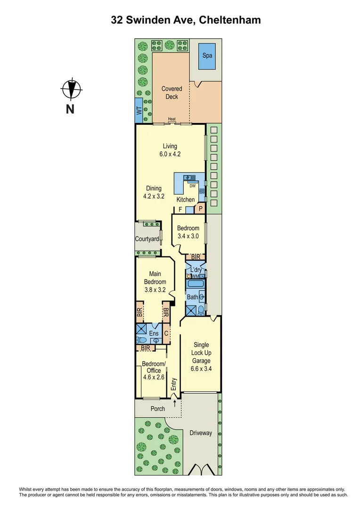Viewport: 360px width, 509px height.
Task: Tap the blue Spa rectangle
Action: coord(207,56)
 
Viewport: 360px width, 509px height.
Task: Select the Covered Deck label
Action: coord(172,92)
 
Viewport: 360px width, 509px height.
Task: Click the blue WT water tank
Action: coord(139,111)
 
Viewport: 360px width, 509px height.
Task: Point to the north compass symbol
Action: coord(71,89)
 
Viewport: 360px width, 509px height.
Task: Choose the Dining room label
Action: coord(153,189)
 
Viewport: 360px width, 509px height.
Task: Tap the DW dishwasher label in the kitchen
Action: coord(192,186)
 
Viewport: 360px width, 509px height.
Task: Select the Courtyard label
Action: coord(147,239)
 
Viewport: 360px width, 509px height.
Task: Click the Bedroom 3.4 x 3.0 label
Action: coord(188,232)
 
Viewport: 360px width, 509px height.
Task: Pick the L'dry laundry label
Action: coord(196,270)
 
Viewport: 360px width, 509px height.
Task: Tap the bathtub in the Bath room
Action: coord(194,284)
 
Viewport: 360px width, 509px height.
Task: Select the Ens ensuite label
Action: coord(154,334)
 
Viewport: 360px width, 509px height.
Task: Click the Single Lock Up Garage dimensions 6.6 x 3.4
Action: coord(200,369)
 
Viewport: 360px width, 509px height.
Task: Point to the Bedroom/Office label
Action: coord(154,367)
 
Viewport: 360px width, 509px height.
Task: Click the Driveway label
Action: coord(201,433)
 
